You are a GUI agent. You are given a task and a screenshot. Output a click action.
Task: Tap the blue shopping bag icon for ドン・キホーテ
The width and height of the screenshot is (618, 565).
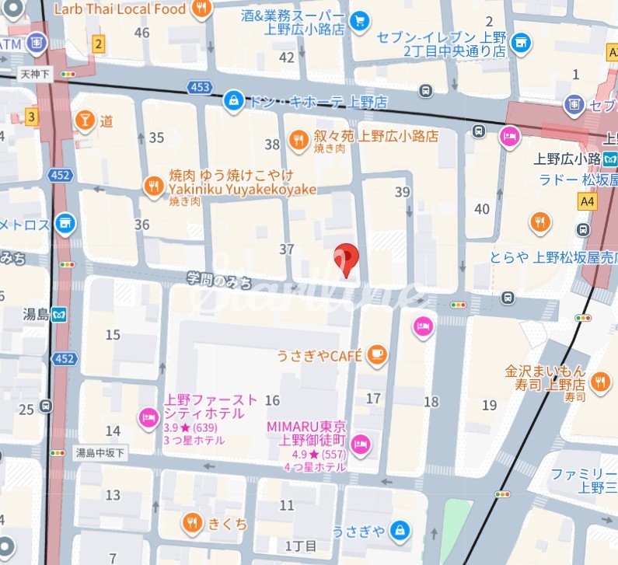(232, 100)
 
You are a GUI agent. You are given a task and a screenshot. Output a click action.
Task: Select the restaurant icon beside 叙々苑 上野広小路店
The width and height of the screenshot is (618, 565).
(298, 139)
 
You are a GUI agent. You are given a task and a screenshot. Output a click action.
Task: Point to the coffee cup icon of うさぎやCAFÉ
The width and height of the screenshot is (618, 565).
(377, 354)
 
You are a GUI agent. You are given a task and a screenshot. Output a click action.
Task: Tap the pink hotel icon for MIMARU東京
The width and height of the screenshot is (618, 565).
(361, 445)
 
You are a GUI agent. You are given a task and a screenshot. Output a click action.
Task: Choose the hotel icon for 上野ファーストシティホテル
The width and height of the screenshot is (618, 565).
(148, 418)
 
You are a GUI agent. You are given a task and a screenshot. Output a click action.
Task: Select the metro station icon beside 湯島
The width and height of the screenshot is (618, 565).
(61, 315)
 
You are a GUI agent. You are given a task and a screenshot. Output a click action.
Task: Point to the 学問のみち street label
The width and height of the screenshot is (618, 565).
(220, 279)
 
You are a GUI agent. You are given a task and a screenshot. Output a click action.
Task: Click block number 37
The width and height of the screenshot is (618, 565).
(287, 249)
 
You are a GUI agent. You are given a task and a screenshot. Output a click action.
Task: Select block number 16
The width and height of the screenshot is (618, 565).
(272, 400)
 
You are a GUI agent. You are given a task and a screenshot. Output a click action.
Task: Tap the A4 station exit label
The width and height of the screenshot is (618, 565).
(587, 201)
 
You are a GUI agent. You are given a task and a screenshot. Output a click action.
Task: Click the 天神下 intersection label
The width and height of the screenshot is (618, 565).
(35, 73)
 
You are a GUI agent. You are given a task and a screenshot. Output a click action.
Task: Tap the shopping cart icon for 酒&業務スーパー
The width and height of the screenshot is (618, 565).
(358, 22)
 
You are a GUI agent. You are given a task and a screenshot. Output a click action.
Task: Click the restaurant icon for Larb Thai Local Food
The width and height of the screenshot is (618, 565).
(202, 9)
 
